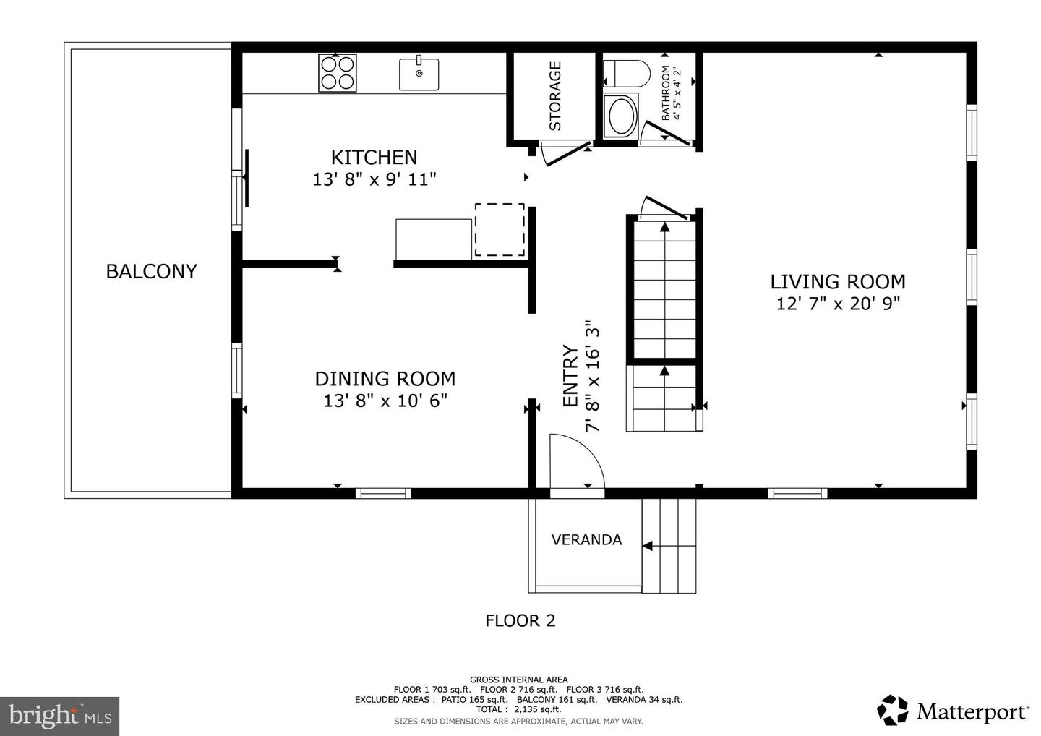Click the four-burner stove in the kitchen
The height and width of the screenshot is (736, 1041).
(338, 73)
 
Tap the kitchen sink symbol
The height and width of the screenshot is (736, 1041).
(419, 74)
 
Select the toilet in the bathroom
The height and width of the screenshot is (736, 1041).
(626, 74)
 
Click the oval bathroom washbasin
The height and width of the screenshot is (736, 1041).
(622, 116)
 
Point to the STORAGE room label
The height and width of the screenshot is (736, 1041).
(555, 96)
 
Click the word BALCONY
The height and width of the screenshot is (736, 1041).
(152, 271)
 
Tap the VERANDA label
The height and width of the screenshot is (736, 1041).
(586, 539)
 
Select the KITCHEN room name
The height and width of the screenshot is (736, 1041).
(374, 158)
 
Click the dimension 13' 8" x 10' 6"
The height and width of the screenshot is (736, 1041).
(385, 400)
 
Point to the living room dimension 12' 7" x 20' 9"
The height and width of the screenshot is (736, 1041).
(839, 304)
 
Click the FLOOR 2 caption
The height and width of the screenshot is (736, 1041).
(520, 620)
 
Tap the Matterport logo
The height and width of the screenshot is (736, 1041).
(952, 711)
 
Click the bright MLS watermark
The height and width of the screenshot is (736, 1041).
(59, 716)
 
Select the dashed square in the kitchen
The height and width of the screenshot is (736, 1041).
(500, 229)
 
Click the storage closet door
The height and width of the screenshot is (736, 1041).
(567, 154)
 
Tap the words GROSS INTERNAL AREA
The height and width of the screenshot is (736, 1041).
(518, 680)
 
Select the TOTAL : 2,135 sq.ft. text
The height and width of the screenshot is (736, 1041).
(518, 709)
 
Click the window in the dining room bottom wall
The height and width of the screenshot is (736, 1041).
(383, 494)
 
